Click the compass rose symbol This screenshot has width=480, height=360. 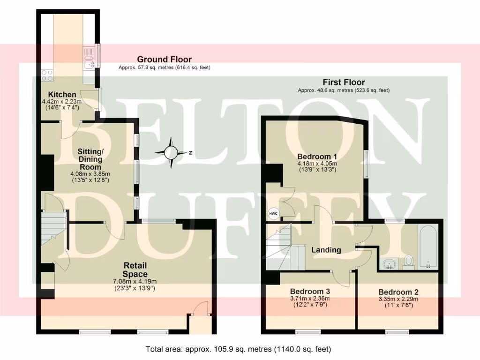172,153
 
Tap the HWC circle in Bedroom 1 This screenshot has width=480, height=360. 273,214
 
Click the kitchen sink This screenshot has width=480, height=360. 89,60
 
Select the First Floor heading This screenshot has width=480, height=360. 344,82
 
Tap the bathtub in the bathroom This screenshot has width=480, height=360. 427,246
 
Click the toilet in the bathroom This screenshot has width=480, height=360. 409,261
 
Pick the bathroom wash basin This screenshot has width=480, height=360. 389,264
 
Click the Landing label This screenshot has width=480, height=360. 326,250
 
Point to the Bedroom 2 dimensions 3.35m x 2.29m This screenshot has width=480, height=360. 398,299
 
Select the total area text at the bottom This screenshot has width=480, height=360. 239,349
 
